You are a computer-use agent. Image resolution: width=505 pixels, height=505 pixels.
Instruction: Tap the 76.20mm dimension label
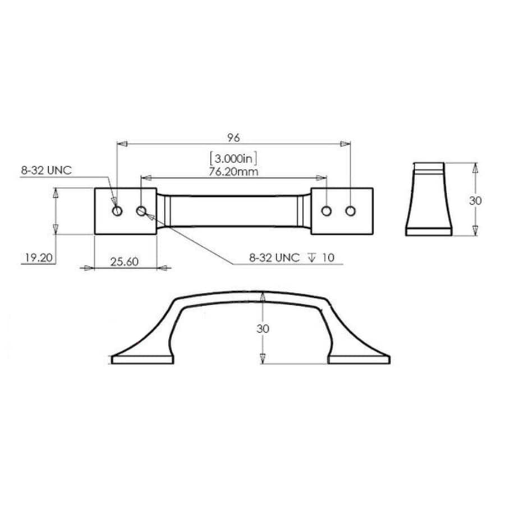point(233,171)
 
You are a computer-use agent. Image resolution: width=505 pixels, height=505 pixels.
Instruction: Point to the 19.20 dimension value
point(39,258)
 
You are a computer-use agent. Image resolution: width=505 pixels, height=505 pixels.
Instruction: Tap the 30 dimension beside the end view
point(475,200)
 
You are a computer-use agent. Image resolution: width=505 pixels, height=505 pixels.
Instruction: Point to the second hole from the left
point(141,211)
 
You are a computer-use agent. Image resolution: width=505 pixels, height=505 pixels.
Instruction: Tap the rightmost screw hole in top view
point(351,211)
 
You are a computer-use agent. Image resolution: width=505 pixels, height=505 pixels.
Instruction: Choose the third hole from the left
point(326,211)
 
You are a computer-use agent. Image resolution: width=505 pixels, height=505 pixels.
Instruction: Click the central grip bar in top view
point(233,211)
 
